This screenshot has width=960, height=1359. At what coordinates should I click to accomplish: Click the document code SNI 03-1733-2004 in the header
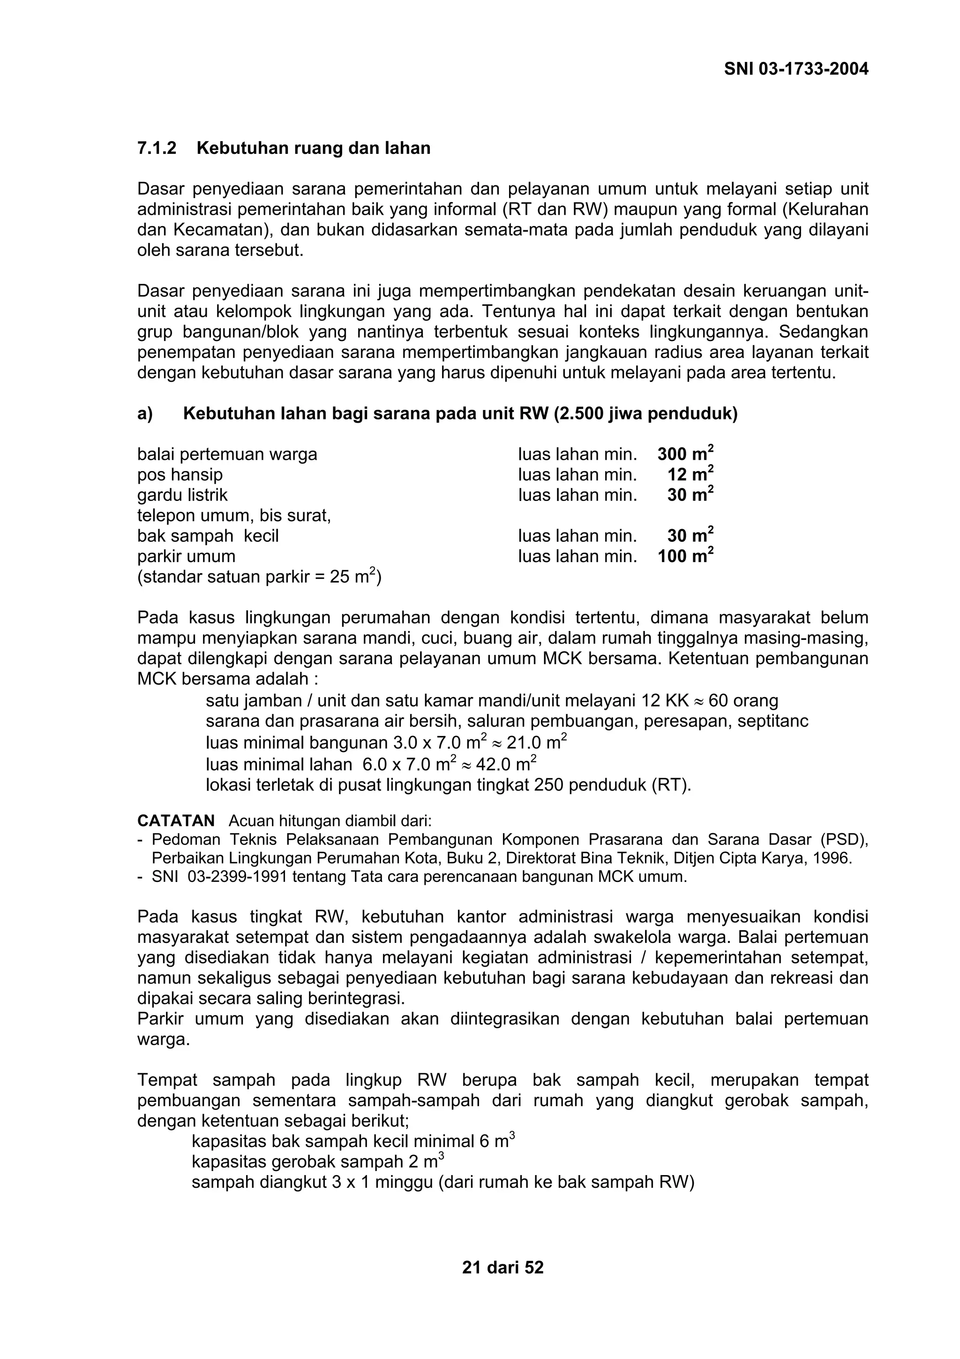tap(796, 69)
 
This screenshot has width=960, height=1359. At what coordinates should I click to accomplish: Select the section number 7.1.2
tap(157, 148)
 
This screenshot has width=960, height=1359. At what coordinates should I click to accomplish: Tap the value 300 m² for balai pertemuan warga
tap(685, 454)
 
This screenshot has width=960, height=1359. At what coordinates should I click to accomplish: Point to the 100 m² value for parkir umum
tap(685, 556)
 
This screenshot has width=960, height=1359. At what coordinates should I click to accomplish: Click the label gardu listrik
tap(182, 495)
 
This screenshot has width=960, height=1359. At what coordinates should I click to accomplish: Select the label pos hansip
tap(180, 475)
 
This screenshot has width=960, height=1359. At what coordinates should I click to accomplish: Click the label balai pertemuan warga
tap(227, 454)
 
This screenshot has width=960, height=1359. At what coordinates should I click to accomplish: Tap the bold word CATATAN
tap(176, 821)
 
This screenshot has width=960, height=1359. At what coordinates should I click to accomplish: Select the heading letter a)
tap(145, 414)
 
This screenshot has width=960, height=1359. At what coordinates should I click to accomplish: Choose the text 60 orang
tap(743, 701)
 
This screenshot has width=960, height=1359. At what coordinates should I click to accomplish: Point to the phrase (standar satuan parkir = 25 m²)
tap(259, 577)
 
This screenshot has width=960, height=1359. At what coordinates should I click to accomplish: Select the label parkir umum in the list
tap(186, 556)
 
